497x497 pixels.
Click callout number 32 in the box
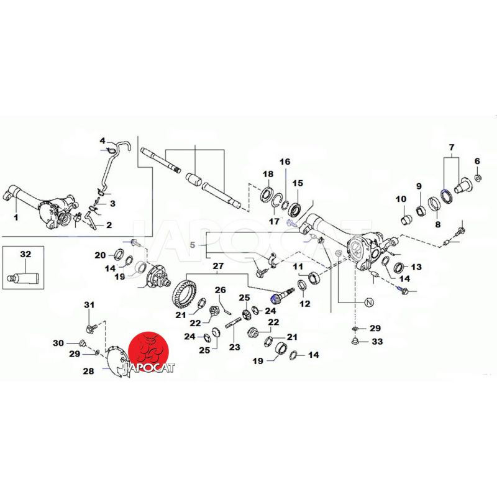point(25,254)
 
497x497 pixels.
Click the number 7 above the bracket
point(451,147)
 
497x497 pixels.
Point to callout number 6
point(477,161)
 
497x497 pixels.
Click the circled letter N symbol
point(368,303)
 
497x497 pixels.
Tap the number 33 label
point(377,342)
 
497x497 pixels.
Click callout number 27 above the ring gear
point(217,267)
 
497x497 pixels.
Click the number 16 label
point(285,162)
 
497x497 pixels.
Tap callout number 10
point(401,199)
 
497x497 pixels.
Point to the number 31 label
point(88,304)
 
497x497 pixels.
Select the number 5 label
point(193,245)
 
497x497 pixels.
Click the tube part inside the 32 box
point(25,275)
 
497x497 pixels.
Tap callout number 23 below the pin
point(234,347)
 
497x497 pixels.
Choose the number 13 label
point(416,267)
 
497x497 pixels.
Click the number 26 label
point(221,290)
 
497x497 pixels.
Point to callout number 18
point(268,173)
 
